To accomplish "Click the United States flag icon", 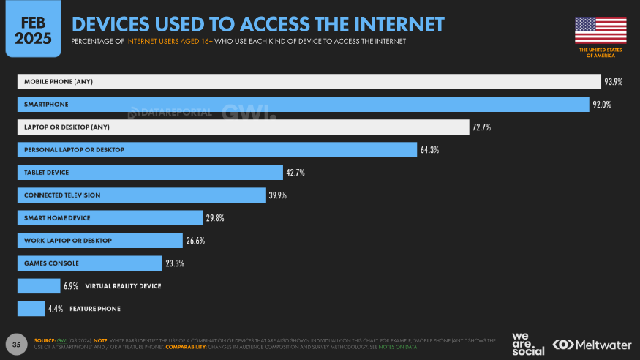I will (601, 30).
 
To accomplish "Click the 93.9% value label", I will (613, 82).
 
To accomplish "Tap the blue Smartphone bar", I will (303, 105).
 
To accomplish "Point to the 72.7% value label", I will (481, 127).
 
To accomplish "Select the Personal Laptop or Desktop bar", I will (217, 150).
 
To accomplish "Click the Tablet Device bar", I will (149, 173).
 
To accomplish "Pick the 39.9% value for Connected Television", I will (278, 195).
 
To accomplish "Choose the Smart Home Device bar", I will (109, 218).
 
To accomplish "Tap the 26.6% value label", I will (195, 241).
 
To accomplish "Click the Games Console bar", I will (89, 263).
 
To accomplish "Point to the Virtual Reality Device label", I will (123, 286).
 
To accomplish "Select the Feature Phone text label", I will (94, 309).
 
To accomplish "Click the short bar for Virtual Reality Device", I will (39, 286).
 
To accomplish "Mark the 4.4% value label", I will (56, 309).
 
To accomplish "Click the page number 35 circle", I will (17, 343).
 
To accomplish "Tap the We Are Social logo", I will (527, 343).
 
